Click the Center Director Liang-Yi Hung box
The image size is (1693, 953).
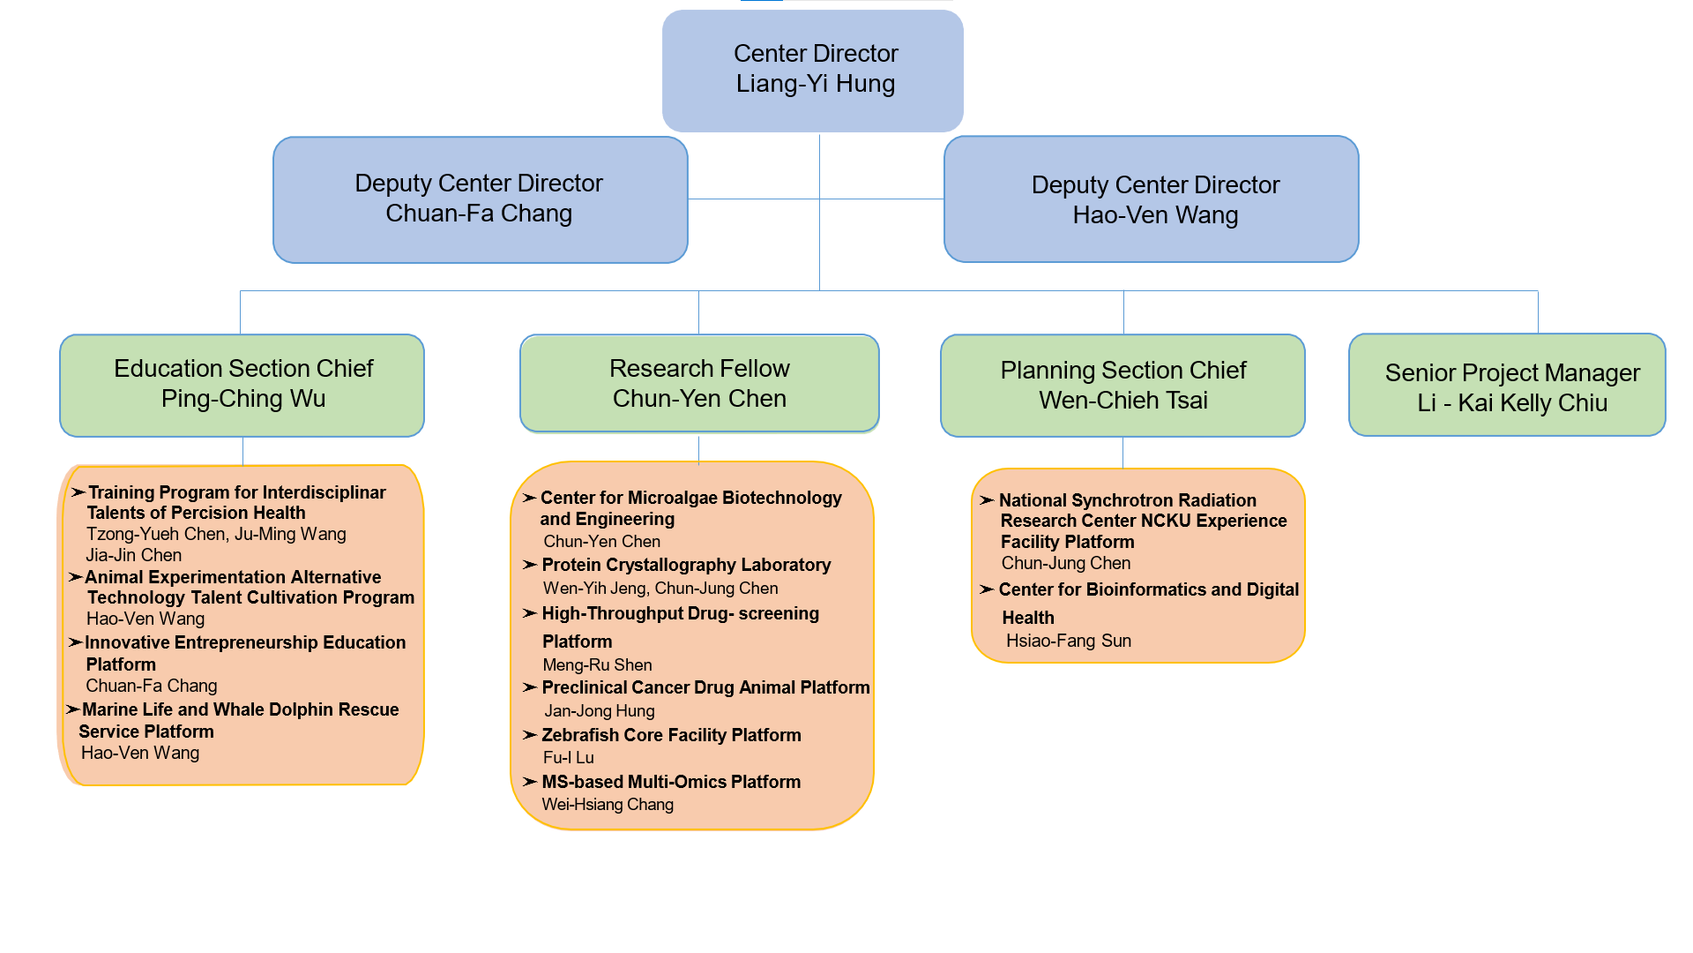click(x=812, y=71)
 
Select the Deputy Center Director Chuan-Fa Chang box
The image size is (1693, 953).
click(x=480, y=199)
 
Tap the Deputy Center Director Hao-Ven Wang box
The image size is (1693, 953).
click(x=1151, y=199)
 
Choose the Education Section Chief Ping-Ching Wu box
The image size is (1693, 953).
click(x=242, y=385)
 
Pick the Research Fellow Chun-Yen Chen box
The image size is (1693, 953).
click(x=699, y=383)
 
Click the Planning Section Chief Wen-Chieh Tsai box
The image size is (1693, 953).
click(x=1122, y=385)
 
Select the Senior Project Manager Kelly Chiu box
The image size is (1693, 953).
click(x=1507, y=385)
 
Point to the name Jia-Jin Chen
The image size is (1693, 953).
click(x=133, y=555)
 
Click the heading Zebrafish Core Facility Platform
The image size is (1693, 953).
click(x=670, y=735)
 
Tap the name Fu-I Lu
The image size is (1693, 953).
click(x=568, y=757)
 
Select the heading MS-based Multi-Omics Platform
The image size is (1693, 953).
click(x=670, y=782)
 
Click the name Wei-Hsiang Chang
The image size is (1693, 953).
click(x=607, y=804)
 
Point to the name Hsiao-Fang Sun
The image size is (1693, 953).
click(x=1068, y=641)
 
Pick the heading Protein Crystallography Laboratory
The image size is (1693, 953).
click(x=685, y=565)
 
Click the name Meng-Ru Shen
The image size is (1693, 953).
click(x=597, y=664)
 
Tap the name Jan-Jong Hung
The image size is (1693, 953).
click(x=599, y=710)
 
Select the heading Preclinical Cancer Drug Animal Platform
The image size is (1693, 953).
click(x=705, y=687)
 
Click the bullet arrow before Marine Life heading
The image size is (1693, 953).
click(x=73, y=709)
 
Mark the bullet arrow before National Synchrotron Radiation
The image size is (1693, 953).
click(x=987, y=500)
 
